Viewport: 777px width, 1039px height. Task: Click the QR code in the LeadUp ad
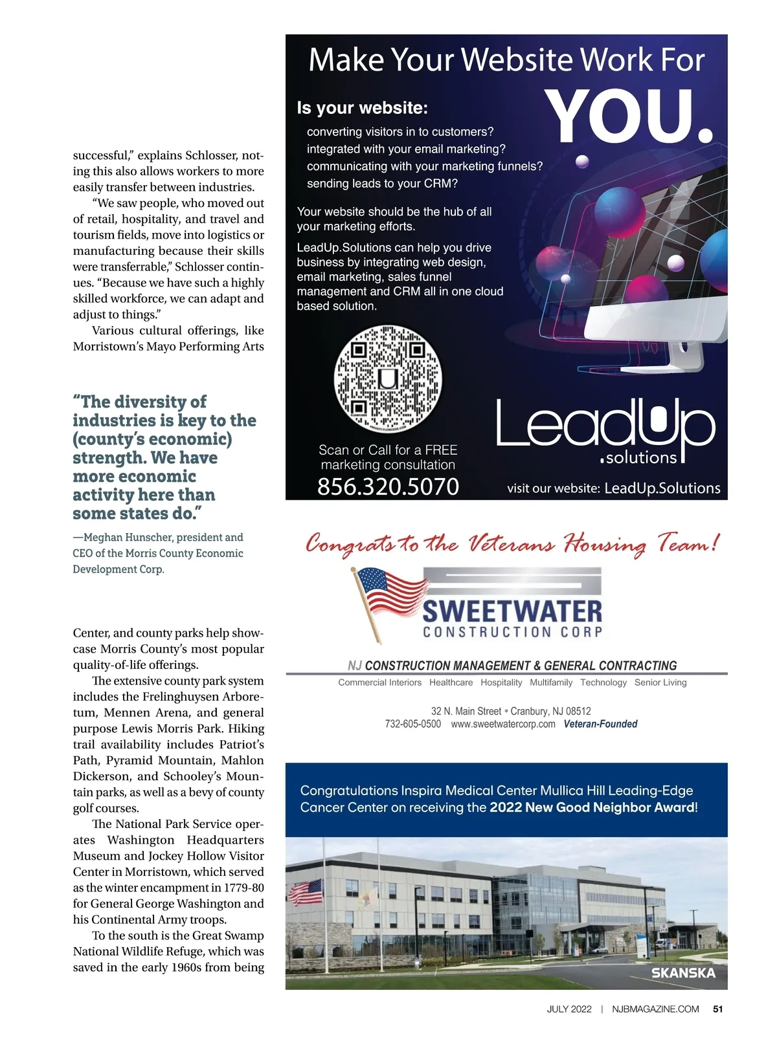[x=387, y=378]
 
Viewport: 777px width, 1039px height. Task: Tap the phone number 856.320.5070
[x=388, y=487]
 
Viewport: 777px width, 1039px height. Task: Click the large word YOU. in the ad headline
[x=628, y=117]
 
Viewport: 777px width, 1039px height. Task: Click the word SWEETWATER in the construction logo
[x=512, y=611]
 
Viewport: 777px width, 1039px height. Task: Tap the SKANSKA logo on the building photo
[x=683, y=973]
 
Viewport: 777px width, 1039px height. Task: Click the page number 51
[x=717, y=1009]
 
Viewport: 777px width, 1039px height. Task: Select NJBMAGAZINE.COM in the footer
[x=655, y=1009]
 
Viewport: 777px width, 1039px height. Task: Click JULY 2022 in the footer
[x=569, y=1009]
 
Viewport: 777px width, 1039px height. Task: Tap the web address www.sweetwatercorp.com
[x=503, y=724]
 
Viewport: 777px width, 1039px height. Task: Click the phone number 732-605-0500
[x=412, y=724]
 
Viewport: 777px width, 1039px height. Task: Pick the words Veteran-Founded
[x=600, y=724]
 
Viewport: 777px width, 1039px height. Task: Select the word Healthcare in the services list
[x=451, y=683]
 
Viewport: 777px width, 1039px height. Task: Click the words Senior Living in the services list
[x=660, y=683]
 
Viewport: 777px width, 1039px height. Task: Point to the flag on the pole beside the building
[x=305, y=892]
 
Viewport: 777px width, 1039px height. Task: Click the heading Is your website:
[x=362, y=108]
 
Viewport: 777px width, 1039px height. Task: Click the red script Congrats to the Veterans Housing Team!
[x=512, y=544]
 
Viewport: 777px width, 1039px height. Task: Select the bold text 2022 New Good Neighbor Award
[x=592, y=807]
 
